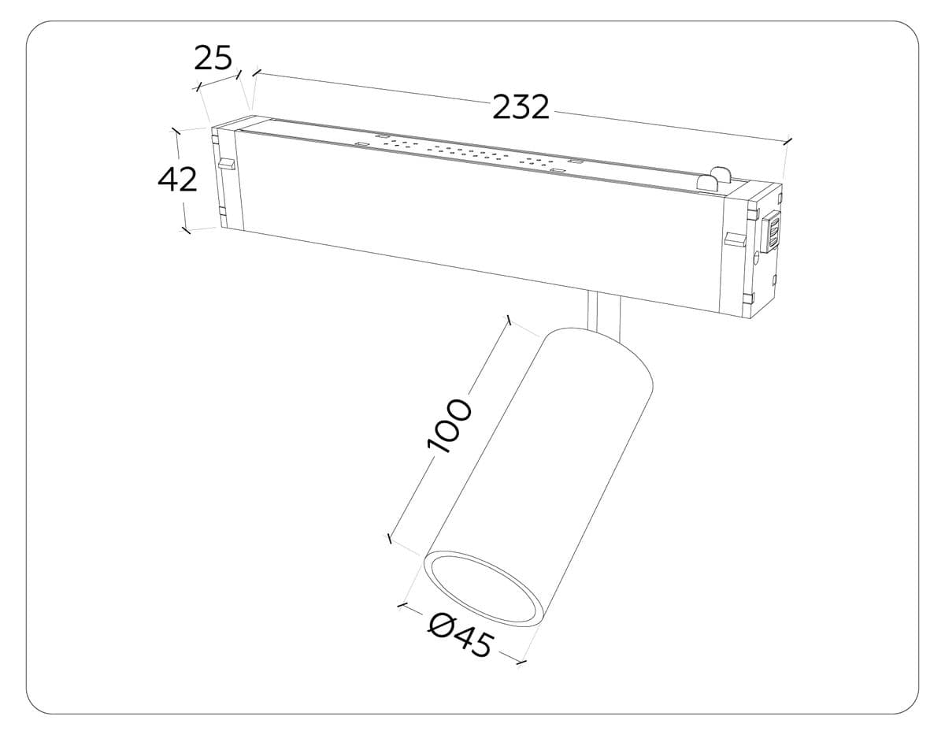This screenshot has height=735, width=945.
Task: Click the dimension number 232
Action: tap(521, 106)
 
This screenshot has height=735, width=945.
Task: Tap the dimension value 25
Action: tap(213, 58)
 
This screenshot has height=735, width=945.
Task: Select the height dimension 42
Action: tap(177, 180)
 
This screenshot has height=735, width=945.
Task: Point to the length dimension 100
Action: tap(449, 426)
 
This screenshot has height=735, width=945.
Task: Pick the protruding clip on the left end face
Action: tap(227, 165)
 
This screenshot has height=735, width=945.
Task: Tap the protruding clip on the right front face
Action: tap(735, 239)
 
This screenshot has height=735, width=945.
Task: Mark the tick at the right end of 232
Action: tap(787, 141)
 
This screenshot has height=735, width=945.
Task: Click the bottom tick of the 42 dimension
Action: tap(186, 230)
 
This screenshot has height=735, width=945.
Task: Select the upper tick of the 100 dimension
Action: tap(510, 321)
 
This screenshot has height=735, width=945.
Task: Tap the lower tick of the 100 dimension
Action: tap(388, 539)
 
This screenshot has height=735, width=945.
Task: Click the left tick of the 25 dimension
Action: tap(198, 85)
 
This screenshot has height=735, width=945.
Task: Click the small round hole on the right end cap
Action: tap(756, 255)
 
